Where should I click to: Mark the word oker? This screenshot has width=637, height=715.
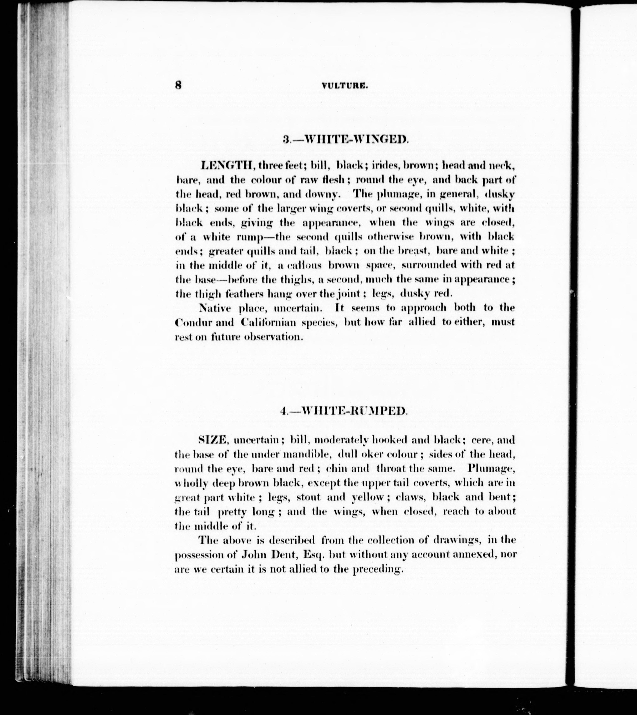click(370, 454)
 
